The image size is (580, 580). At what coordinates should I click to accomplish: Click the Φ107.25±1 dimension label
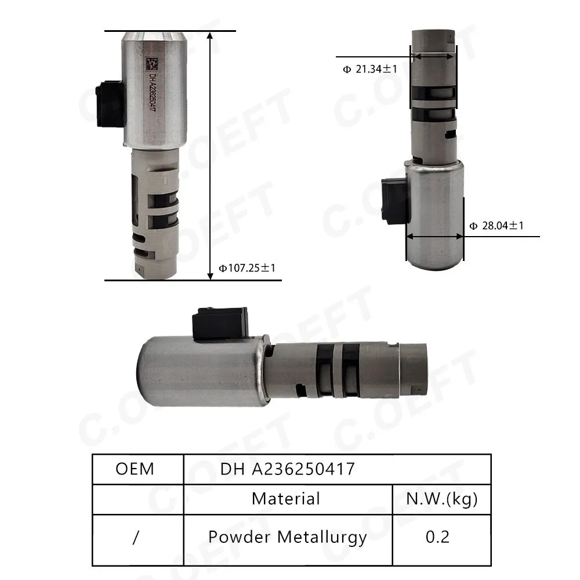pyautogui.click(x=247, y=268)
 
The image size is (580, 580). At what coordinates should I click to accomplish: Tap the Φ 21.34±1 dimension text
pyautogui.click(x=370, y=69)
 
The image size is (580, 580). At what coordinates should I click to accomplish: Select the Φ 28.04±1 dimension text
pyautogui.click(x=496, y=226)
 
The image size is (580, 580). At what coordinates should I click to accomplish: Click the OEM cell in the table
pyautogui.click(x=135, y=469)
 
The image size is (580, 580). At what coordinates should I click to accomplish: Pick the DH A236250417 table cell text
pyautogui.click(x=288, y=469)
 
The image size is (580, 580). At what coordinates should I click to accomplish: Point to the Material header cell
pyautogui.click(x=285, y=499)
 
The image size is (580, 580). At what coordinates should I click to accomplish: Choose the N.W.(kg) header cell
pyautogui.click(x=441, y=499)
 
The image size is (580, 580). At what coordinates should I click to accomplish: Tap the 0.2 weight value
pyautogui.click(x=437, y=537)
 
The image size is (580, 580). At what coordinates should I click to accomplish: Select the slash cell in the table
pyautogui.click(x=135, y=537)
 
